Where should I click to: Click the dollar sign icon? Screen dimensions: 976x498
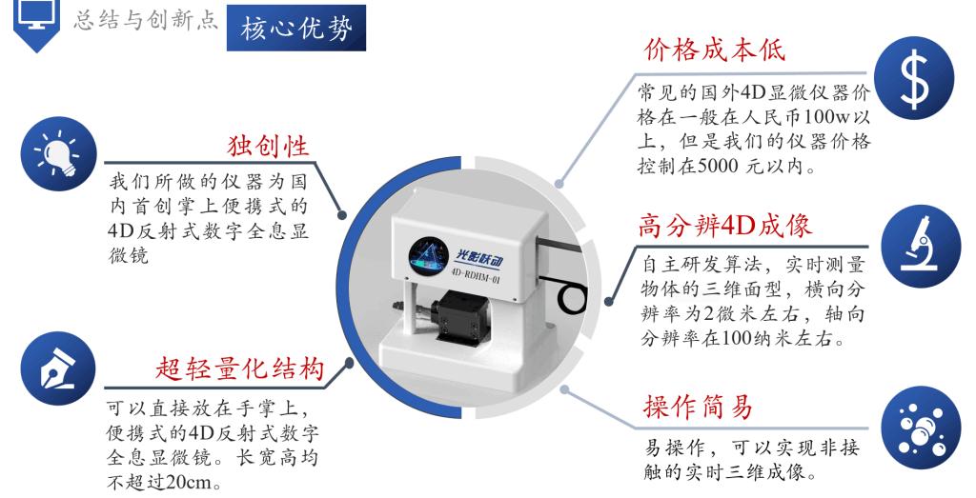click(914, 78)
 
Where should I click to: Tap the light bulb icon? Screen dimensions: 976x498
click(59, 153)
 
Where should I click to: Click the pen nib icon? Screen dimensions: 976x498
click(58, 369)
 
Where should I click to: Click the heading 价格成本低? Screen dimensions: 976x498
click(715, 50)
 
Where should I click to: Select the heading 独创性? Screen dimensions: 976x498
click(268, 146)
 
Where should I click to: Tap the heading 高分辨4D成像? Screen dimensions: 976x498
click(724, 226)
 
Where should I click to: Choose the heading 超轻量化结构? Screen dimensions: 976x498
click(239, 369)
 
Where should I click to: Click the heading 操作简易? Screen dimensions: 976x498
click(698, 408)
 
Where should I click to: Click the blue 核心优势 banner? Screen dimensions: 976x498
click(296, 29)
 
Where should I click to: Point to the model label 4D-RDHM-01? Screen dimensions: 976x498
click(475, 275)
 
